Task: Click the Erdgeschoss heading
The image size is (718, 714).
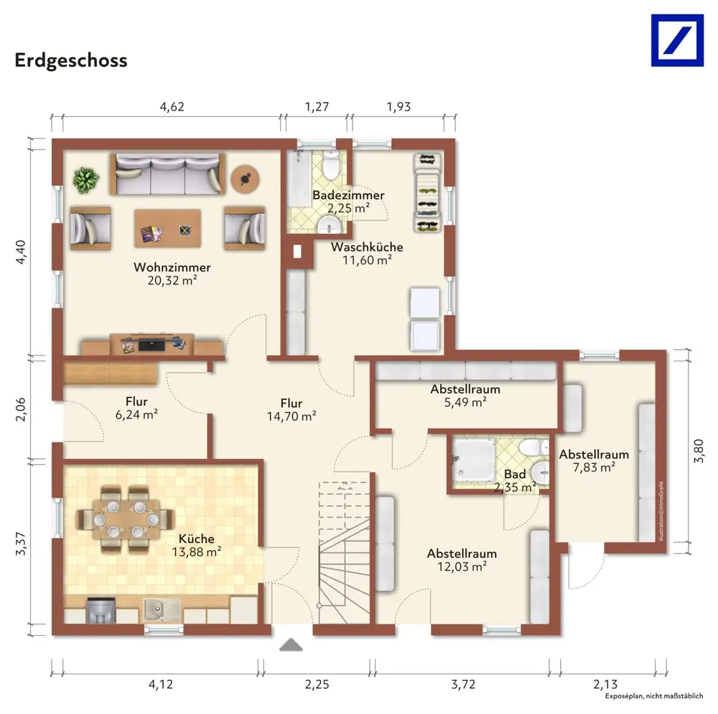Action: [71, 61]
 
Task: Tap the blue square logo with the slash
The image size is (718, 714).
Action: [677, 40]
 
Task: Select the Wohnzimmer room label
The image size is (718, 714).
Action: [172, 267]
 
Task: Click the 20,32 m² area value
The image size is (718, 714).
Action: [172, 280]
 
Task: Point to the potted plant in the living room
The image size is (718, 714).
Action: [85, 180]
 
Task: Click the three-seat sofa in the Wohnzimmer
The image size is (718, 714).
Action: [167, 174]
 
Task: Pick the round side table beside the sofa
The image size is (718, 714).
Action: [245, 179]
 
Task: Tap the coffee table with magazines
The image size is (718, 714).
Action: [167, 228]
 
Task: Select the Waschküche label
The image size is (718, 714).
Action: [367, 247]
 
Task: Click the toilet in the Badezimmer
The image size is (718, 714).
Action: [330, 165]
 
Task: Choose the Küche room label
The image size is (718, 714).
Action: [197, 539]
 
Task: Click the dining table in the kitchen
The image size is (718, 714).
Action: [126, 519]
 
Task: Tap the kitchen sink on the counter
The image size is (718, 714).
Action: [162, 610]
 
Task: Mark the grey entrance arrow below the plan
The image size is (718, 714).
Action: [291, 645]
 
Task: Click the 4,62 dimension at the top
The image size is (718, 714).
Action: [172, 107]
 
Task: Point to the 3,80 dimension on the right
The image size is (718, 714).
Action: [699, 451]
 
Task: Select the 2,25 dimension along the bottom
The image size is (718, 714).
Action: [317, 685]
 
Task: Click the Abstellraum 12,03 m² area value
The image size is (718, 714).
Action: [462, 567]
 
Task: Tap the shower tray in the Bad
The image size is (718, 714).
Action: [474, 460]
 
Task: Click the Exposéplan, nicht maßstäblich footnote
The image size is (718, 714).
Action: [654, 696]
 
